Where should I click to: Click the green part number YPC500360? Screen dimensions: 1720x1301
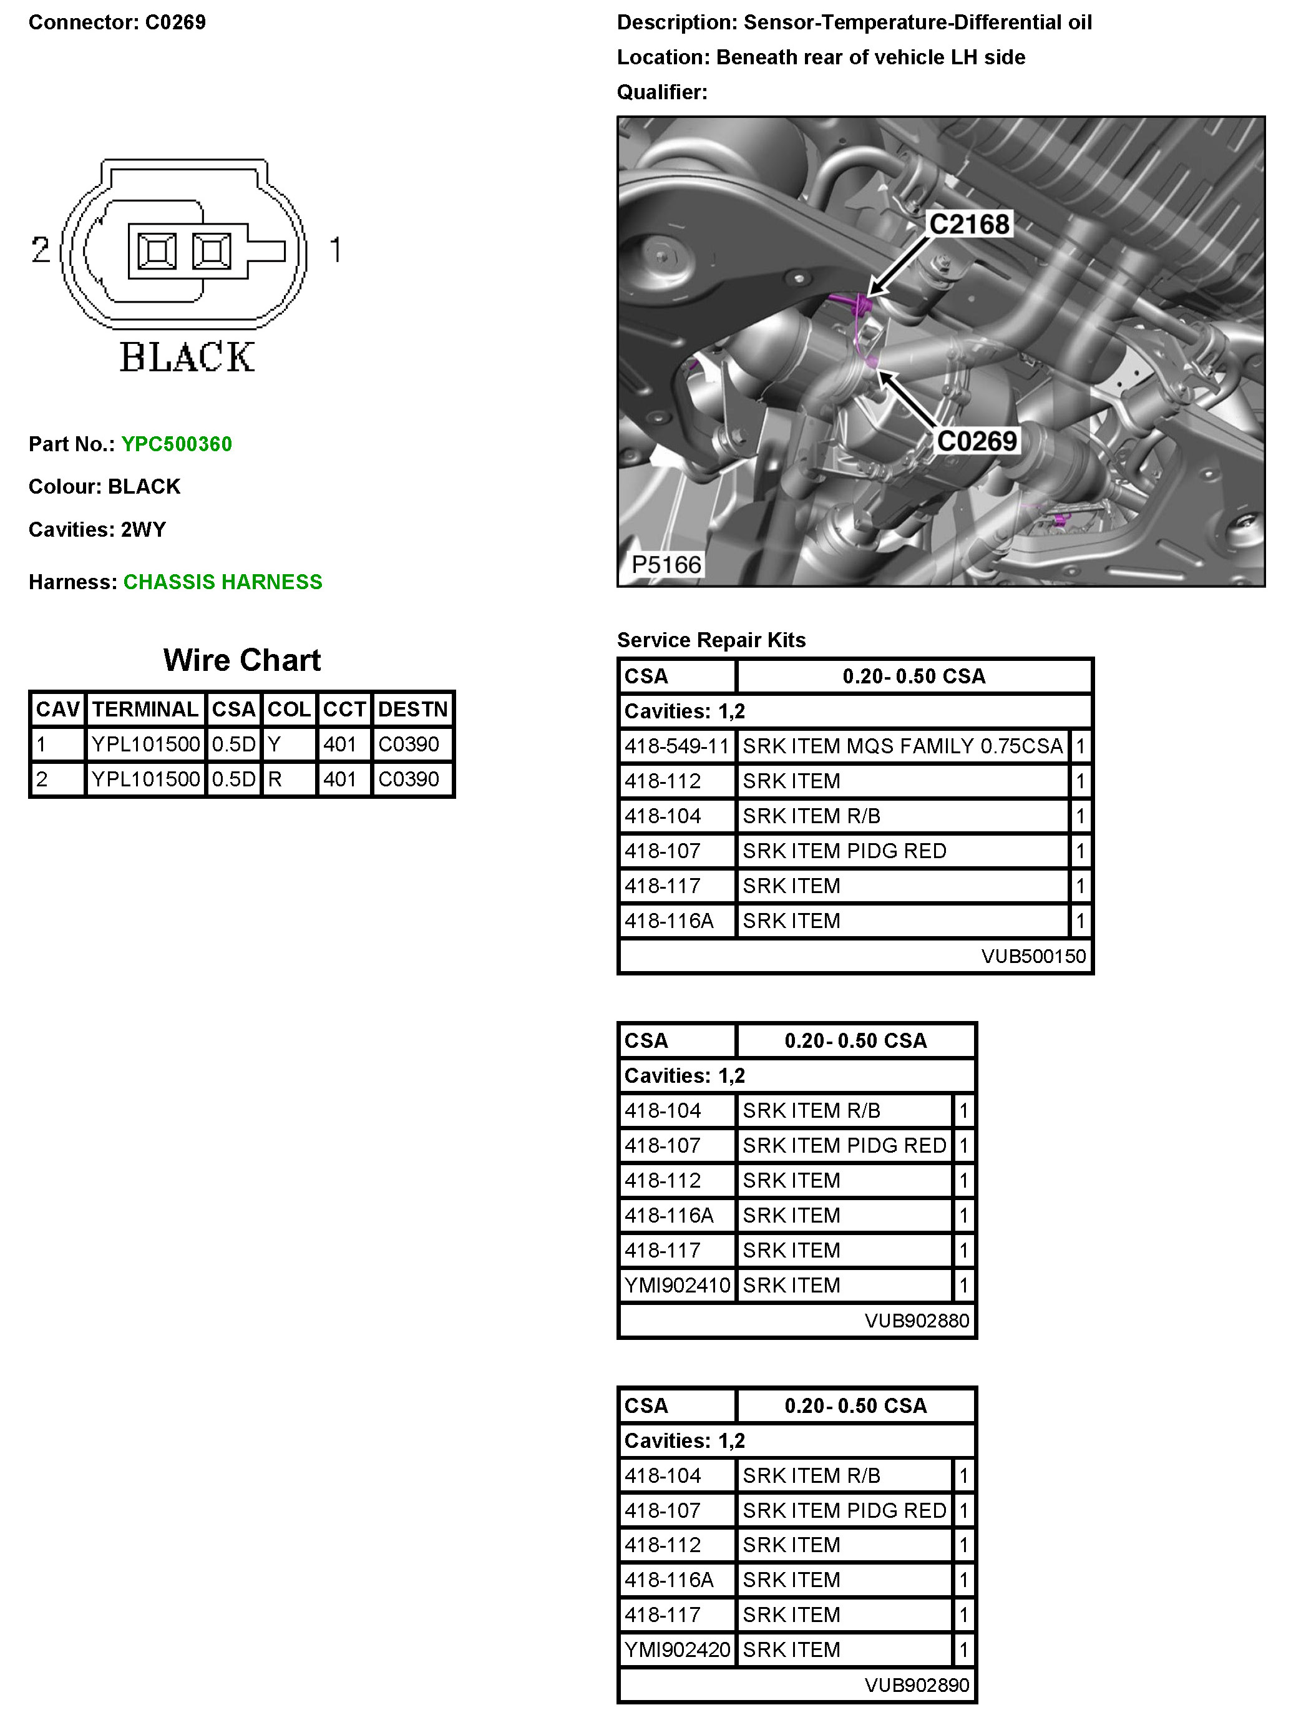pyautogui.click(x=177, y=444)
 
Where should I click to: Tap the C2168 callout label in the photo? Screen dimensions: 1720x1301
pyautogui.click(x=969, y=224)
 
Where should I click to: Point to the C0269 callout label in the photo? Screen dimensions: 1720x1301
pyautogui.click(x=977, y=441)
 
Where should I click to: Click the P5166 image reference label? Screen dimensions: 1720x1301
pyautogui.click(x=666, y=565)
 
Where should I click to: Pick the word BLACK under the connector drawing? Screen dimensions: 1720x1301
pyautogui.click(x=187, y=358)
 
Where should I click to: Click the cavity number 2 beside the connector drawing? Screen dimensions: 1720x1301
pyautogui.click(x=41, y=250)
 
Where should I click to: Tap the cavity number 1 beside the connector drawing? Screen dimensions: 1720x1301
pyautogui.click(x=335, y=250)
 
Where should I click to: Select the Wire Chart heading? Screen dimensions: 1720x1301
pyautogui.click(x=242, y=660)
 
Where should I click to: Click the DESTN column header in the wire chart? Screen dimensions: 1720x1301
pyautogui.click(x=413, y=709)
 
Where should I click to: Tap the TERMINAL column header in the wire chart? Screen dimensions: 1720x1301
pyautogui.click(x=145, y=709)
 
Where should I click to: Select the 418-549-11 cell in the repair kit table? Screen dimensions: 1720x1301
pyautogui.click(x=676, y=746)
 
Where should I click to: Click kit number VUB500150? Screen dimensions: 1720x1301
pyautogui.click(x=1033, y=955)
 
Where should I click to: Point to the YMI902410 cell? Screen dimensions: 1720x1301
pyautogui.click(x=677, y=1286)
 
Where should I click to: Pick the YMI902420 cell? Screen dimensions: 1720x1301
pyautogui.click(x=677, y=1649)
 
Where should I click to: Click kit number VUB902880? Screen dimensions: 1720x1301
pyautogui.click(x=916, y=1321)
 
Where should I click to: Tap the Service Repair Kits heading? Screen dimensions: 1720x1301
pyautogui.click(x=711, y=640)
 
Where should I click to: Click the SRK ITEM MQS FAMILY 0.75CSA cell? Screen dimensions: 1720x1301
pyautogui.click(x=902, y=746)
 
